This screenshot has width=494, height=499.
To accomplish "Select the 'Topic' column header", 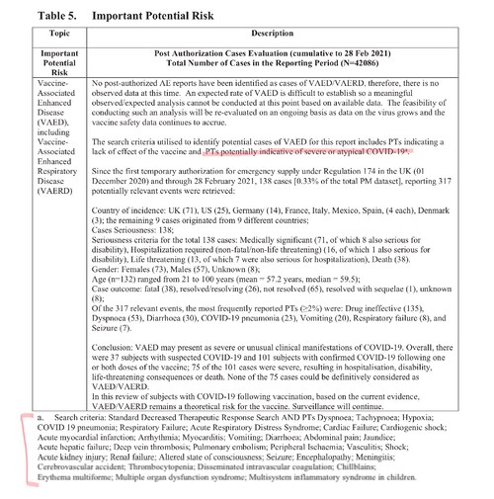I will [x=45, y=34].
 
